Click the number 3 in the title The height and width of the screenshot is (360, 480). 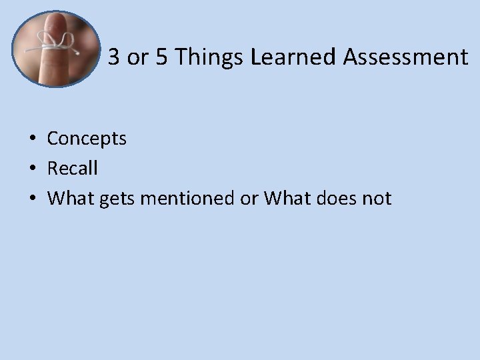[114, 58]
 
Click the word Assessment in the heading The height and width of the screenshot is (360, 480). [406, 58]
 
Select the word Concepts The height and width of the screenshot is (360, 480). [87, 139]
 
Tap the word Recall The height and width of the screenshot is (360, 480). [72, 168]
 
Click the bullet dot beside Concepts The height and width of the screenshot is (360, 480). [32, 139]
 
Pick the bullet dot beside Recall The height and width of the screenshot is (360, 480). [32, 169]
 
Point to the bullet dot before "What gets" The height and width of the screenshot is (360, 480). [32, 199]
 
